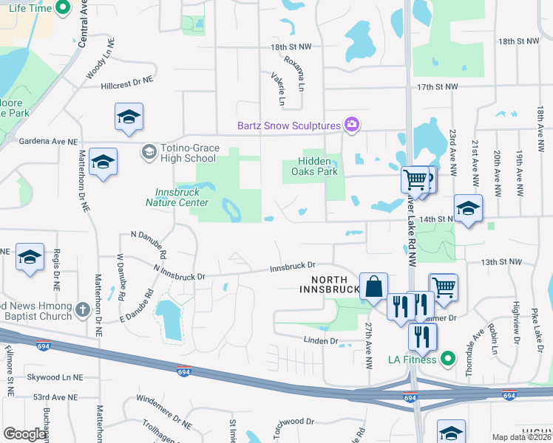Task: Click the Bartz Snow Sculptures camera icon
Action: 351,125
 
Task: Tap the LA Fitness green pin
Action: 447,360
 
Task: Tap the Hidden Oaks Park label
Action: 318,166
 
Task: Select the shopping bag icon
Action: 374,286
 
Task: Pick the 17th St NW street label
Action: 437,87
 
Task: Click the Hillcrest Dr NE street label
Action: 127,82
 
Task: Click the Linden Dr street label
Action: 321,340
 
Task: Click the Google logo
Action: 25,434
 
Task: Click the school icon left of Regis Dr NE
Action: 30,257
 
